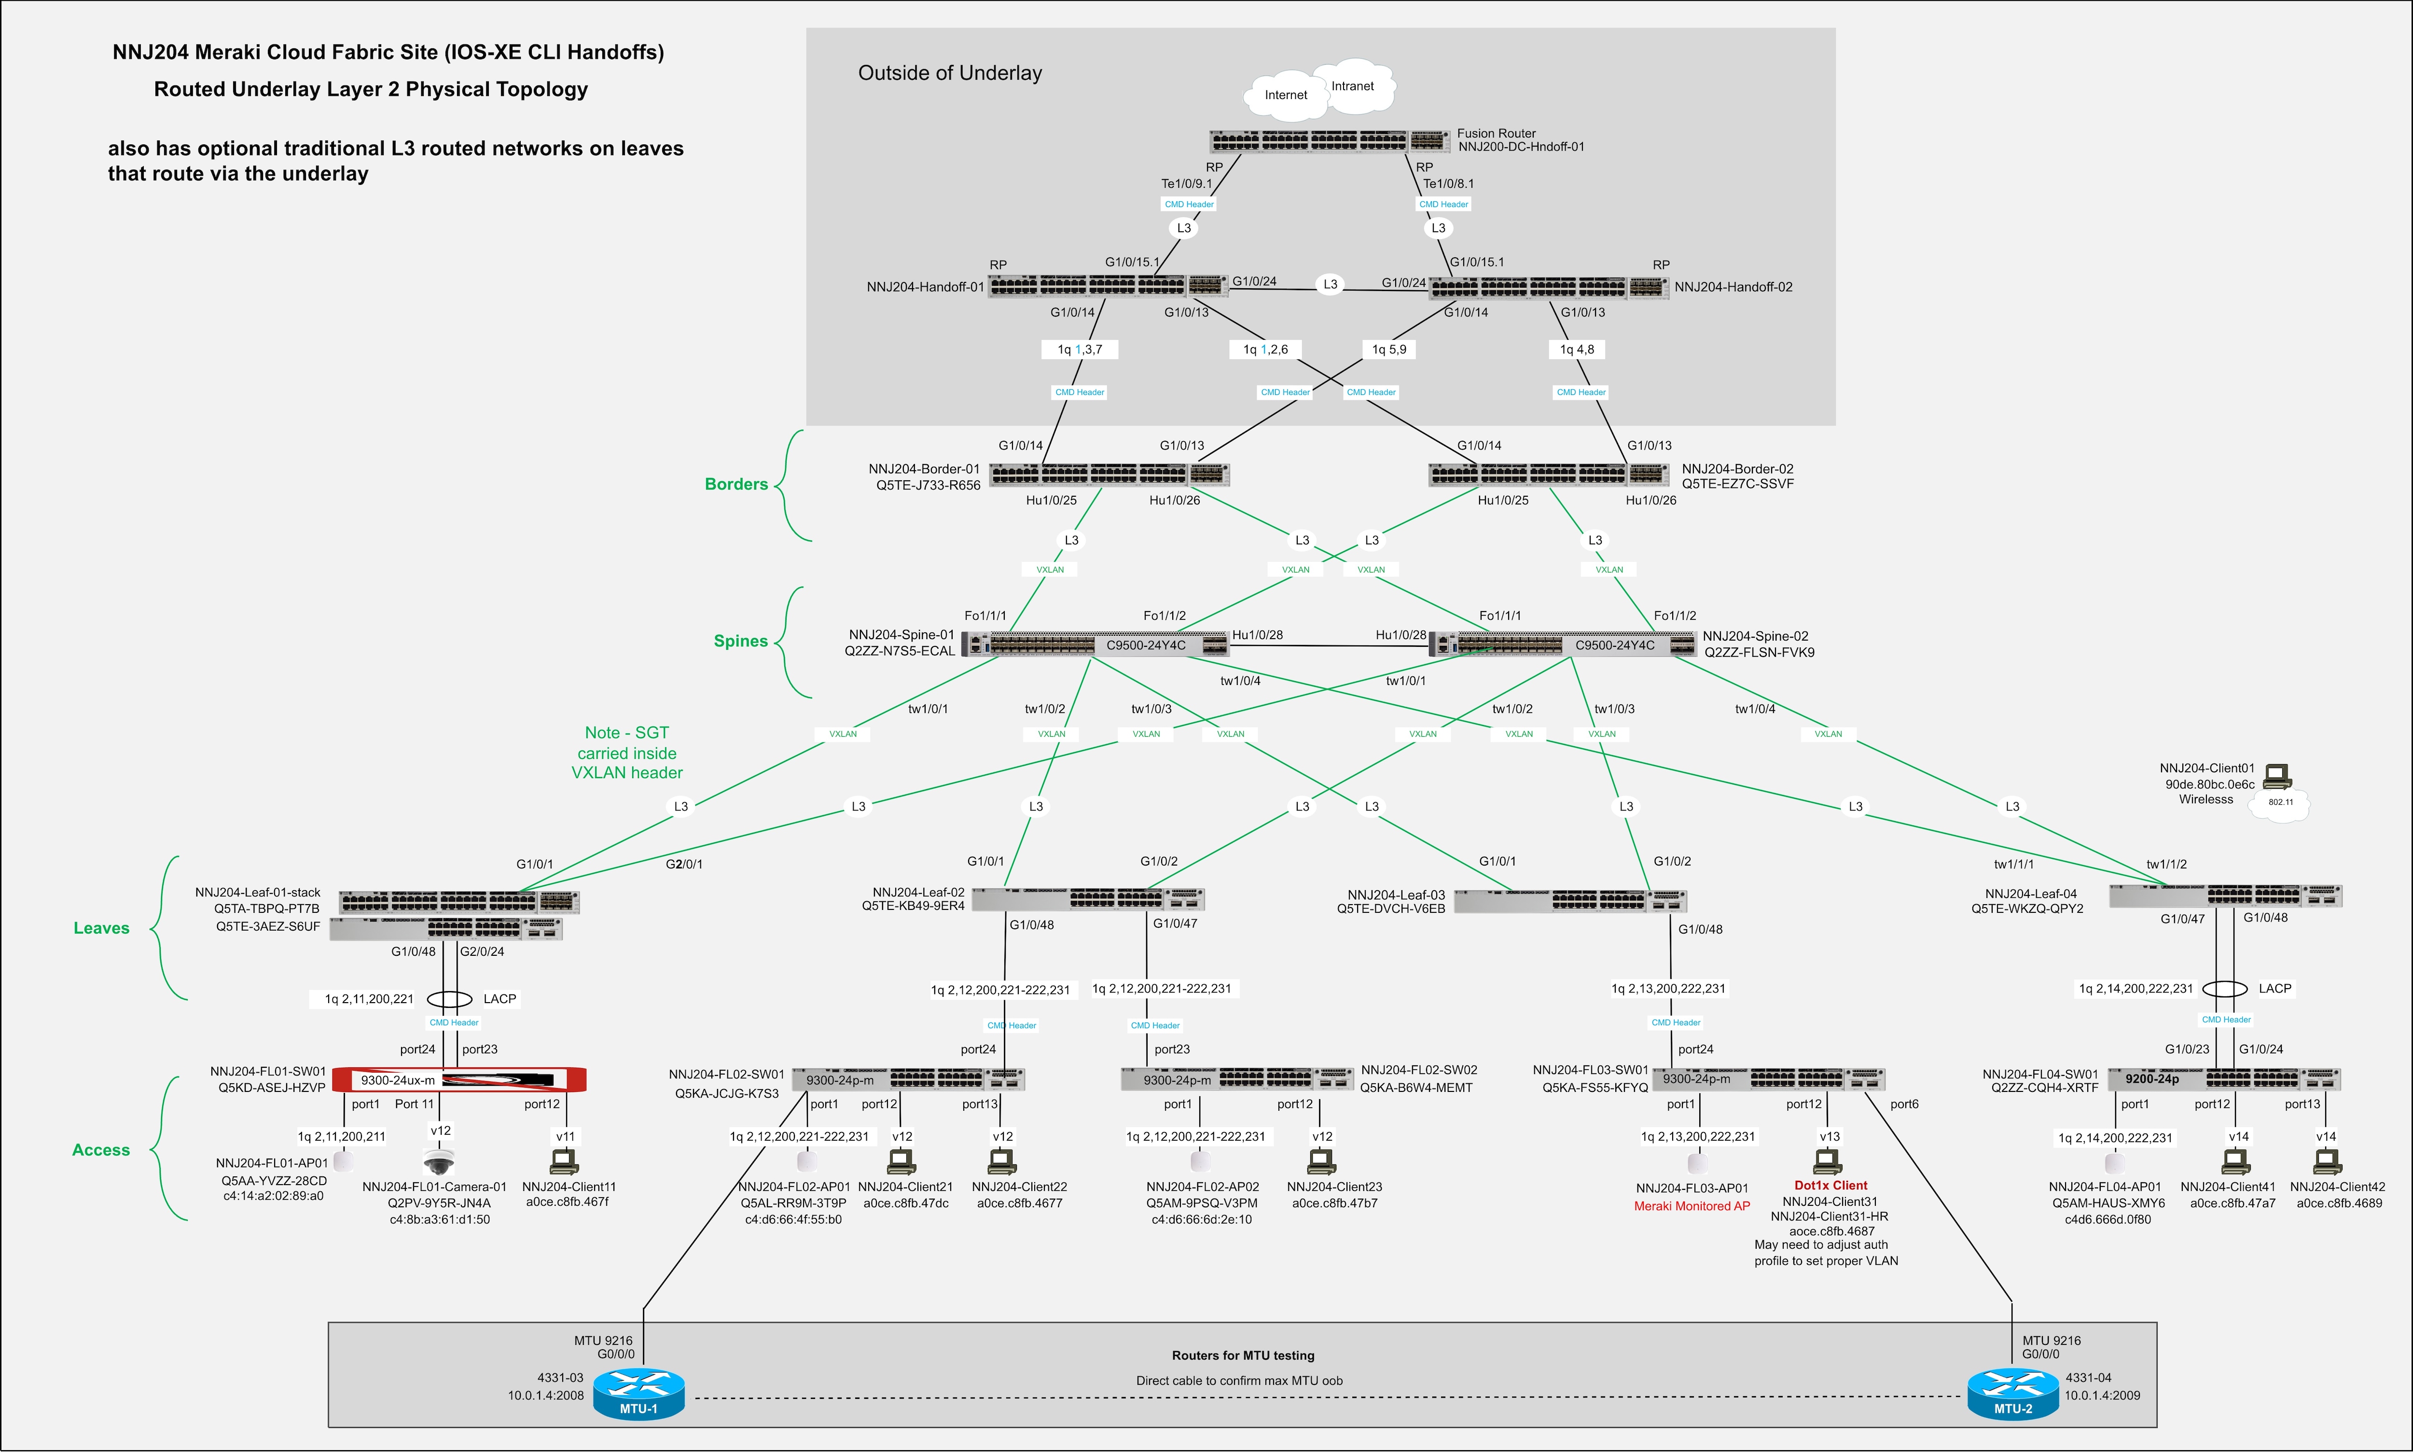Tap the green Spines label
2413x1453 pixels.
740,642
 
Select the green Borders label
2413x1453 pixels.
736,485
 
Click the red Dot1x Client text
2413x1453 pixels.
1831,1186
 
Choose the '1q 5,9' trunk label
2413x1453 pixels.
1389,349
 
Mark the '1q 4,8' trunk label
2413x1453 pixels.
1577,349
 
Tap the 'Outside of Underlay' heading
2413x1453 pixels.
950,73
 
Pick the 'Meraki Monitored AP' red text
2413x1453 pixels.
1692,1206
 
